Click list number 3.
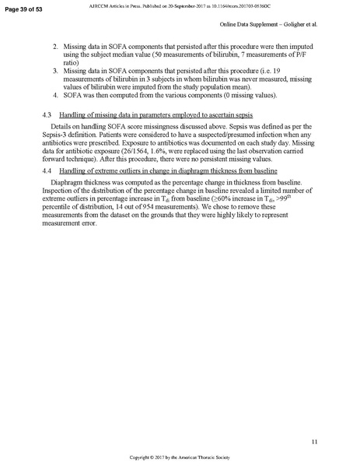click(55, 69)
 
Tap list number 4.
click(55, 96)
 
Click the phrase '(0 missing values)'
click(217, 96)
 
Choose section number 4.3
click(46, 114)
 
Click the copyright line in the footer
click(180, 457)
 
